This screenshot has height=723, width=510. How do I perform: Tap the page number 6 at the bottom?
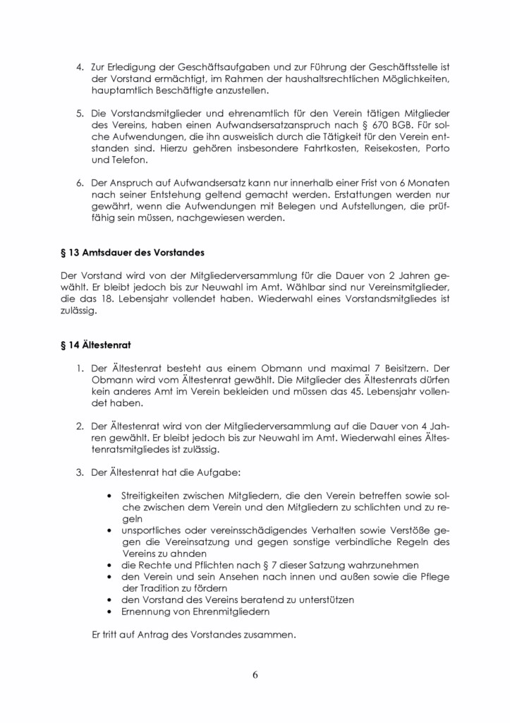tap(255, 674)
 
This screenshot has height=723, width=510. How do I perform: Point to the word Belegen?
tap(308, 208)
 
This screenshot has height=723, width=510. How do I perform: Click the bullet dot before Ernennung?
tap(109, 611)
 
